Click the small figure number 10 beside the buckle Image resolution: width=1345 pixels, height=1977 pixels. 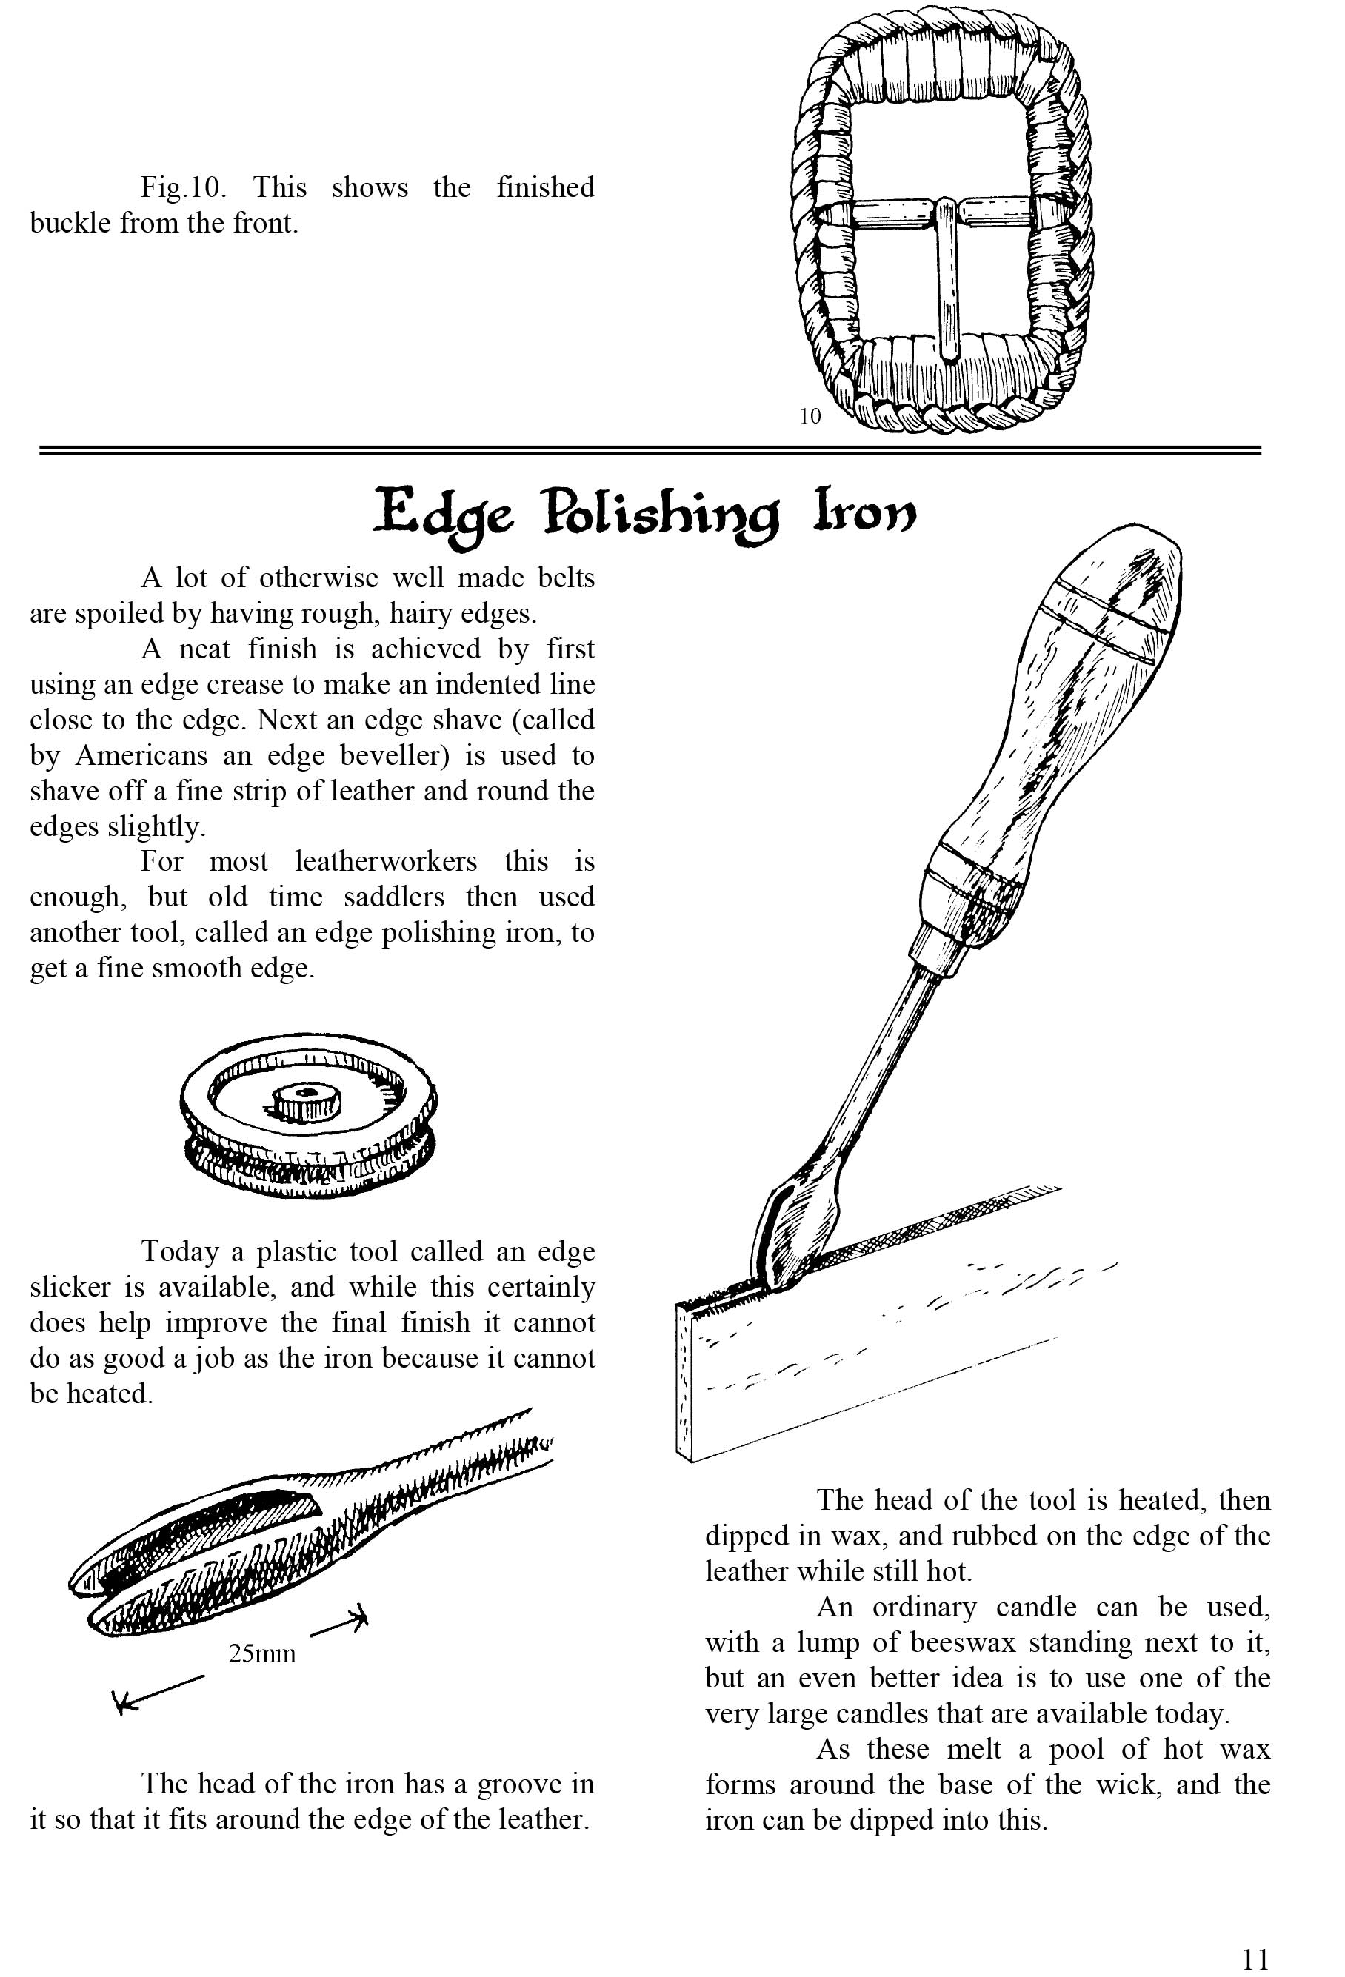point(810,416)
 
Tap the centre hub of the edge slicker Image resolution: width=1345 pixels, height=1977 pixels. point(305,1100)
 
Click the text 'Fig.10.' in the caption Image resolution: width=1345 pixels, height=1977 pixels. point(184,187)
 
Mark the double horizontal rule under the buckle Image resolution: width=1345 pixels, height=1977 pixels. point(650,450)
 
